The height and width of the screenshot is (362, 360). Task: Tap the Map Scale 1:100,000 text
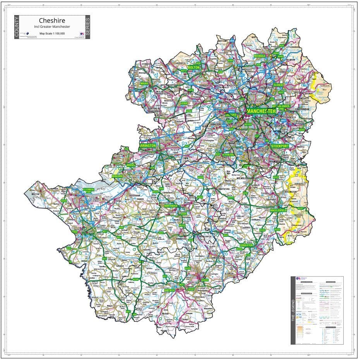[x=52, y=34]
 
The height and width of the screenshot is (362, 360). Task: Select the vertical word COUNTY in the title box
[x=17, y=28]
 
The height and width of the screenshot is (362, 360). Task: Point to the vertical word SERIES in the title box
[x=87, y=28]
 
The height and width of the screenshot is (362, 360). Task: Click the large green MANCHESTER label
[x=261, y=111]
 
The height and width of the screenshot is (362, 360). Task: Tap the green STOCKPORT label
[x=280, y=146]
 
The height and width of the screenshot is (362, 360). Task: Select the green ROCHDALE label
[x=259, y=56]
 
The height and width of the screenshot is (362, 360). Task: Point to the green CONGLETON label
[x=246, y=245]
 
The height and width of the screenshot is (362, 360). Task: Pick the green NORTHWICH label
[x=170, y=206]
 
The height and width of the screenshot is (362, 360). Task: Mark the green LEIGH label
[x=184, y=103]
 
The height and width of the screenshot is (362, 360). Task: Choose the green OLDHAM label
[x=278, y=85]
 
